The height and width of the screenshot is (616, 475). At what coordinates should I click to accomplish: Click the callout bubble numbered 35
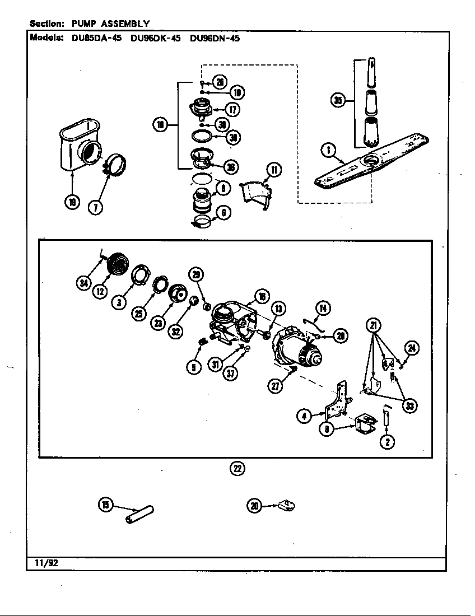pos(337,101)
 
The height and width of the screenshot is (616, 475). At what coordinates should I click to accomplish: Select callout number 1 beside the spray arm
pos(328,150)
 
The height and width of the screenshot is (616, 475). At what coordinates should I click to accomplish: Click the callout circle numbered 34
pos(83,283)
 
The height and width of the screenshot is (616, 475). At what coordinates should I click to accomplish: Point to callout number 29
pos(196,274)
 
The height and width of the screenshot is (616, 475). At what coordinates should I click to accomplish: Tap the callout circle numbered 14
pos(323,307)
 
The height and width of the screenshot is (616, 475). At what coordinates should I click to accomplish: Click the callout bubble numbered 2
pos(386,441)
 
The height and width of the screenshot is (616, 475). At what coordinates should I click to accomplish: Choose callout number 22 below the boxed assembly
pos(237,469)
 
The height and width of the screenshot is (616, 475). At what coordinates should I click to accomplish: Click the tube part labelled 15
pos(139,514)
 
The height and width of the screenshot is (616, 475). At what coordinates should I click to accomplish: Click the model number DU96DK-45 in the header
pos(155,39)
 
